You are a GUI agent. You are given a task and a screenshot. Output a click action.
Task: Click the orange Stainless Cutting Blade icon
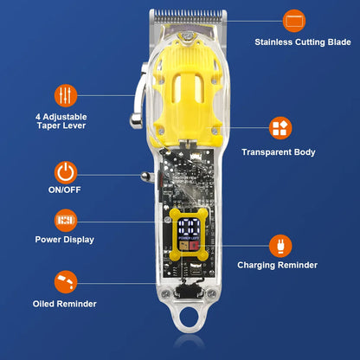coord(294,21)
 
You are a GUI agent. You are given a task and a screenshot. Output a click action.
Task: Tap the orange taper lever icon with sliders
coord(66,95)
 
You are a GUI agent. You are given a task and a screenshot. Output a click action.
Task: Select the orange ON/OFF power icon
coord(66,173)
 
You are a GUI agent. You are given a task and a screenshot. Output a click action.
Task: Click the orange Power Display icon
coord(66,221)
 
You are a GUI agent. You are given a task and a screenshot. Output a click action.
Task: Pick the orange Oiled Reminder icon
coord(66,282)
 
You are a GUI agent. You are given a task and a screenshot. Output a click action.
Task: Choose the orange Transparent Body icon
coord(280,128)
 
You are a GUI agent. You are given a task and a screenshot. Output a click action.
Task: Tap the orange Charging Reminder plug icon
coord(280,246)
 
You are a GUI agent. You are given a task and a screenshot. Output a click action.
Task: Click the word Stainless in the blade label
coord(273,42)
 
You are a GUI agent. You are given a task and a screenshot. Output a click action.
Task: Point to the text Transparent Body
coord(279,152)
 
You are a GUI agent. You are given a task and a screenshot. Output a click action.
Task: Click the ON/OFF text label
coord(65,190)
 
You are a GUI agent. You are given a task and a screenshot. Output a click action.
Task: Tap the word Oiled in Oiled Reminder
coord(43,304)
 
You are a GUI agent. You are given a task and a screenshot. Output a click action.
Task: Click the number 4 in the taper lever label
coord(38,117)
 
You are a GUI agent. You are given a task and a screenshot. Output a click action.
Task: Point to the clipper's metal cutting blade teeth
coord(188,16)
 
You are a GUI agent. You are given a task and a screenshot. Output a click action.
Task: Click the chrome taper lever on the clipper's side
coord(138,96)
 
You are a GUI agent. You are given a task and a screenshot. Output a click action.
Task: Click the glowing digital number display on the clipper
coord(189,227)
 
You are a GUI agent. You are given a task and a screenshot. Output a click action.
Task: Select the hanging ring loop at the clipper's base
coord(189,318)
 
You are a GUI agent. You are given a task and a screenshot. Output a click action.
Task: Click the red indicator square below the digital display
coord(195,246)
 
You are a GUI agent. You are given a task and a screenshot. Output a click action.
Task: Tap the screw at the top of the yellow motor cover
coord(188,36)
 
